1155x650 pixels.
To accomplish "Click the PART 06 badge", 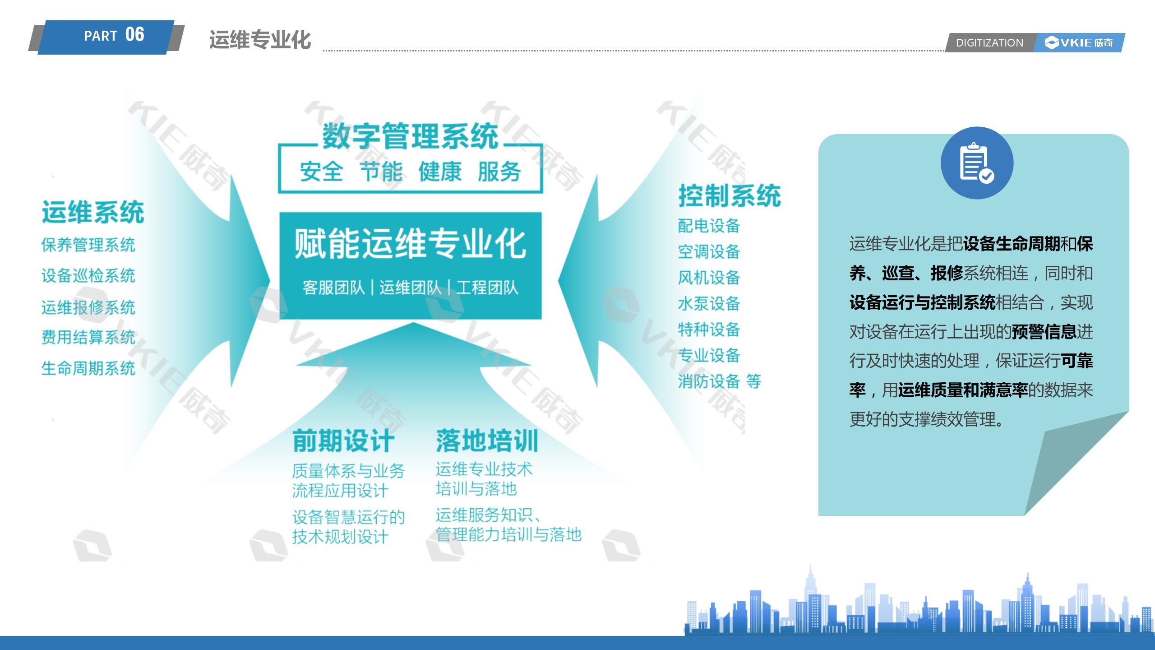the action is pyautogui.click(x=106, y=37).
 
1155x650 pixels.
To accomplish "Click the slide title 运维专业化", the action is pyautogui.click(x=260, y=40).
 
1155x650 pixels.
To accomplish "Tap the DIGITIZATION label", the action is pyautogui.click(x=989, y=43).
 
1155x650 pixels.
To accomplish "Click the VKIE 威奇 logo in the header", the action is pyautogui.click(x=1079, y=42).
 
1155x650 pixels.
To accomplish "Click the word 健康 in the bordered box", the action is pyautogui.click(x=440, y=172).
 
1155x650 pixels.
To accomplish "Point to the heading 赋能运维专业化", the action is pyautogui.click(x=410, y=243).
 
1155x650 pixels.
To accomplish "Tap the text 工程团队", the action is pyautogui.click(x=487, y=288).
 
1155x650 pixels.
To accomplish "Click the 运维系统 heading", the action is pyautogui.click(x=93, y=212).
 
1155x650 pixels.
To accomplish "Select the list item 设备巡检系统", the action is pyautogui.click(x=88, y=275).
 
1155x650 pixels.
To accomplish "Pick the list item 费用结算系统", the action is pyautogui.click(x=88, y=337).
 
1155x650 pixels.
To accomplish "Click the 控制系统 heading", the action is pyautogui.click(x=730, y=196).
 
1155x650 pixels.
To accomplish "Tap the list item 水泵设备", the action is pyautogui.click(x=709, y=303).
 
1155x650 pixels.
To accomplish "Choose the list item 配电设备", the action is pyautogui.click(x=709, y=226).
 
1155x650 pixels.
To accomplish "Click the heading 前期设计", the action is pyautogui.click(x=343, y=441).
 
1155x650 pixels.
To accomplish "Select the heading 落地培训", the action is pyautogui.click(x=487, y=441).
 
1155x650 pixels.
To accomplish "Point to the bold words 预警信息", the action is pyautogui.click(x=1044, y=332).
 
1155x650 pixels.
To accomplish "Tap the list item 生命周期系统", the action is pyautogui.click(x=88, y=368).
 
